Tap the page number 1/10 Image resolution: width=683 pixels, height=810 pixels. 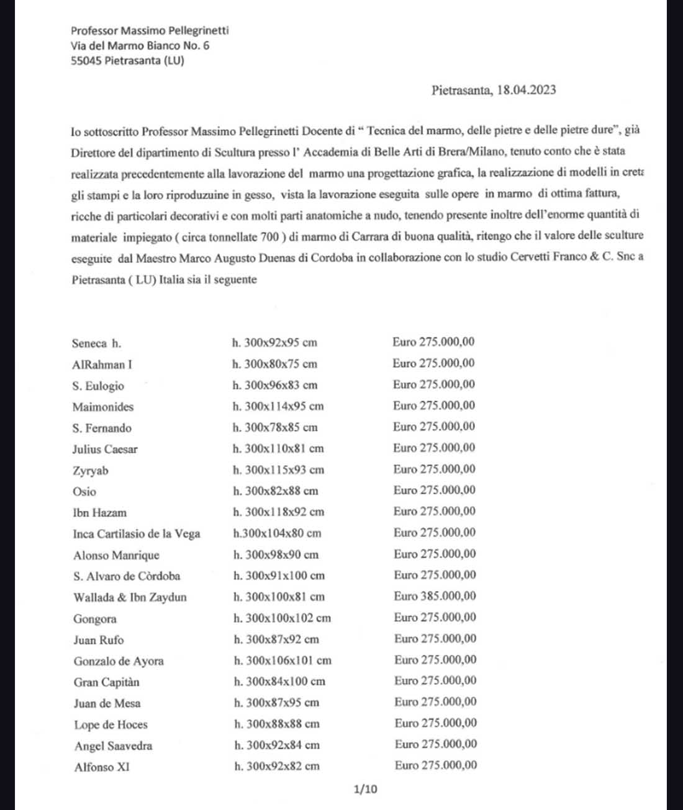365,789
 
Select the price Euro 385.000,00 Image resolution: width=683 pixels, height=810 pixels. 435,596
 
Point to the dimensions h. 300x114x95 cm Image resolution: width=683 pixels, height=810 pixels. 278,407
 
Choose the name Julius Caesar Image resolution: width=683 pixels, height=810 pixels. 105,449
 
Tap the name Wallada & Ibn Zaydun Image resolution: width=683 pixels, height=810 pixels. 130,597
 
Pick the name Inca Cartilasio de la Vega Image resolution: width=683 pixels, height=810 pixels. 136,533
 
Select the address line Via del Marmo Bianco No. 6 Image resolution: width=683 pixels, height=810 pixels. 140,45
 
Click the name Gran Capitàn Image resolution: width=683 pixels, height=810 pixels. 106,682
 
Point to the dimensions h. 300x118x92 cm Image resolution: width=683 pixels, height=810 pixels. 278,512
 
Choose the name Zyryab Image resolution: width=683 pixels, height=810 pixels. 91,471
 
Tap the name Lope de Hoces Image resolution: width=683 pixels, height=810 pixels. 111,724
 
